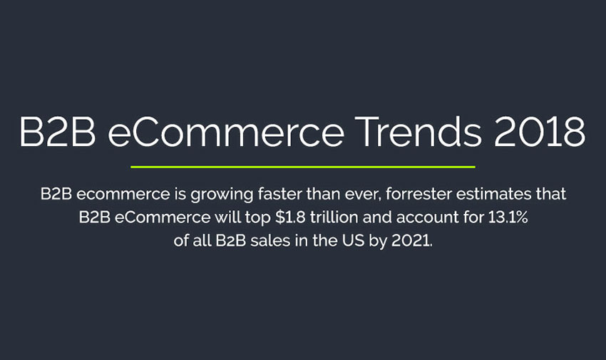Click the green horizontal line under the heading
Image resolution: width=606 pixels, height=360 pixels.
(303, 167)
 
